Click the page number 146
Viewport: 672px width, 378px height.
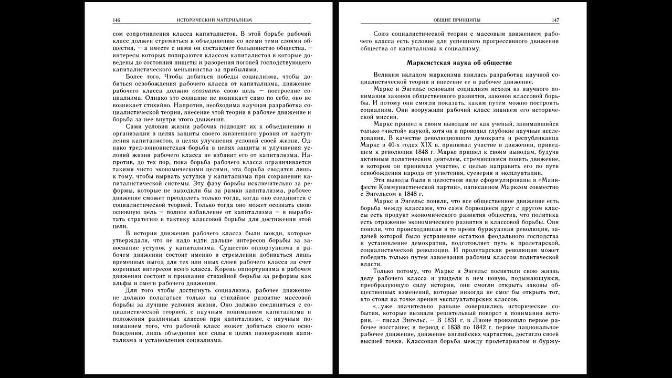(x=117, y=20)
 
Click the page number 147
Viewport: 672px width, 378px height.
(x=555, y=20)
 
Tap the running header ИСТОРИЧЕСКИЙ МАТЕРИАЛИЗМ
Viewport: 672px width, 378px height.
(x=215, y=20)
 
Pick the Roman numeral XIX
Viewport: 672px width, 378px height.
(x=431, y=143)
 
